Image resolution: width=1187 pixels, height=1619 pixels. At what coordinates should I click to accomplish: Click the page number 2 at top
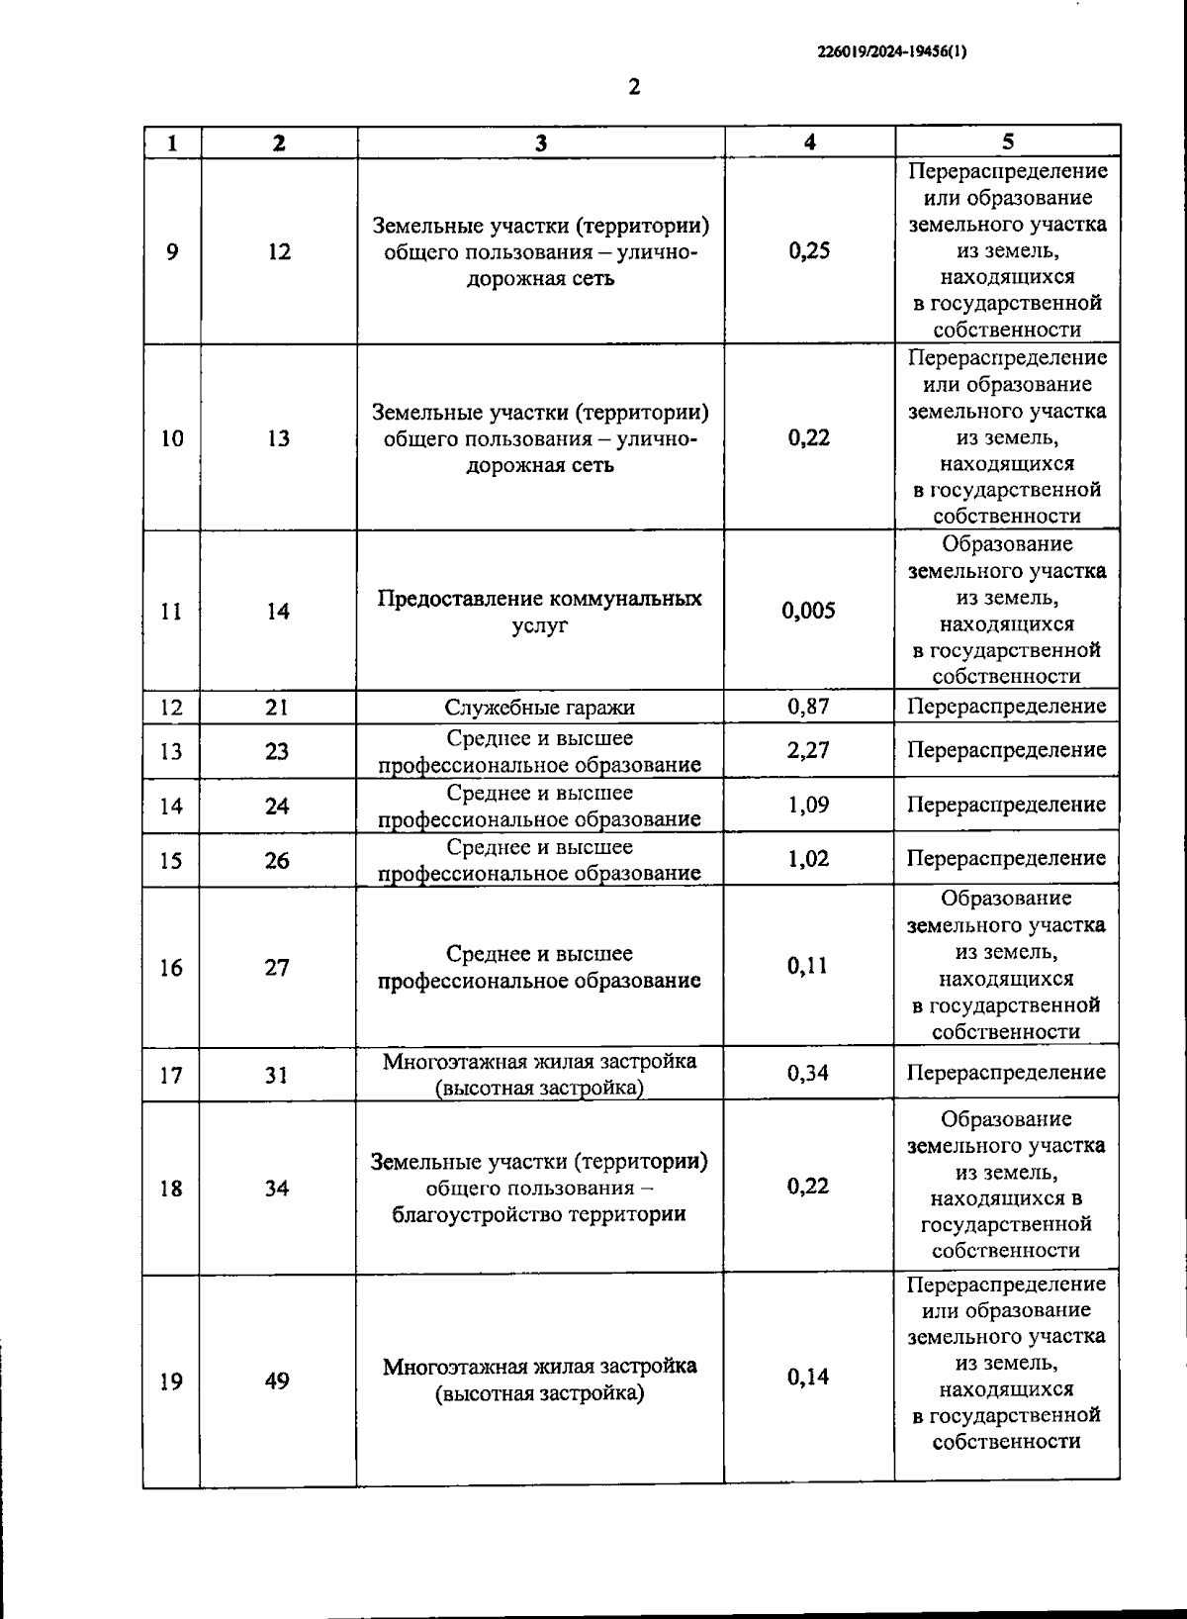click(634, 87)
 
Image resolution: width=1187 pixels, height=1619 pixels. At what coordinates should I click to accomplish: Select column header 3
click(541, 143)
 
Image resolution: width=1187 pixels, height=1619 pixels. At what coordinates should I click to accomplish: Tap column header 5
click(1007, 142)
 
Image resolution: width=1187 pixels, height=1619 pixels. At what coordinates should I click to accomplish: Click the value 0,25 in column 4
click(809, 250)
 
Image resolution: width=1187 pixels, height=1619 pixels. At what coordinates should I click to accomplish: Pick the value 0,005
click(808, 611)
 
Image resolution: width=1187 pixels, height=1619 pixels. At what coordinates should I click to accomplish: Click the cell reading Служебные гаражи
click(540, 708)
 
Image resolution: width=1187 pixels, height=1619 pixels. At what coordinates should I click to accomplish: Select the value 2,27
click(808, 750)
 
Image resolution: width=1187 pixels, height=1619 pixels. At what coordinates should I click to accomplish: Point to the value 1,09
click(808, 805)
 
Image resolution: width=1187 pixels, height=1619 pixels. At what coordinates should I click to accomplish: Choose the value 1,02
click(808, 859)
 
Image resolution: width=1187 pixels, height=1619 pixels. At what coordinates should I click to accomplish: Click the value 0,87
click(808, 707)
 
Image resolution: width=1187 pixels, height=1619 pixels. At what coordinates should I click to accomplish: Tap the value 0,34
click(808, 1073)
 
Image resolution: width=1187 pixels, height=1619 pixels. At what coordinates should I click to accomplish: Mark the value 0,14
click(808, 1378)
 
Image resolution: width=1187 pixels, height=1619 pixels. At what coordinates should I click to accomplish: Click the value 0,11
click(808, 966)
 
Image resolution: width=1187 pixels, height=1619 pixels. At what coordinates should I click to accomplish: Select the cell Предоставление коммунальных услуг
click(540, 612)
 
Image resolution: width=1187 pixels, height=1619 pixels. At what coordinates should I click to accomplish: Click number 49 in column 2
click(278, 1381)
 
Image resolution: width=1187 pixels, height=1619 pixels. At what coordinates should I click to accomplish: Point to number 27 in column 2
click(277, 967)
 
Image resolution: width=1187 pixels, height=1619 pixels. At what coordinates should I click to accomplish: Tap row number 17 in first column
click(171, 1074)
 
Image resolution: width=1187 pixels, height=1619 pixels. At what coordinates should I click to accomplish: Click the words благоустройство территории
click(539, 1214)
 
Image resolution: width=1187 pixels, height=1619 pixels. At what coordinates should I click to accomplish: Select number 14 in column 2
click(278, 612)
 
